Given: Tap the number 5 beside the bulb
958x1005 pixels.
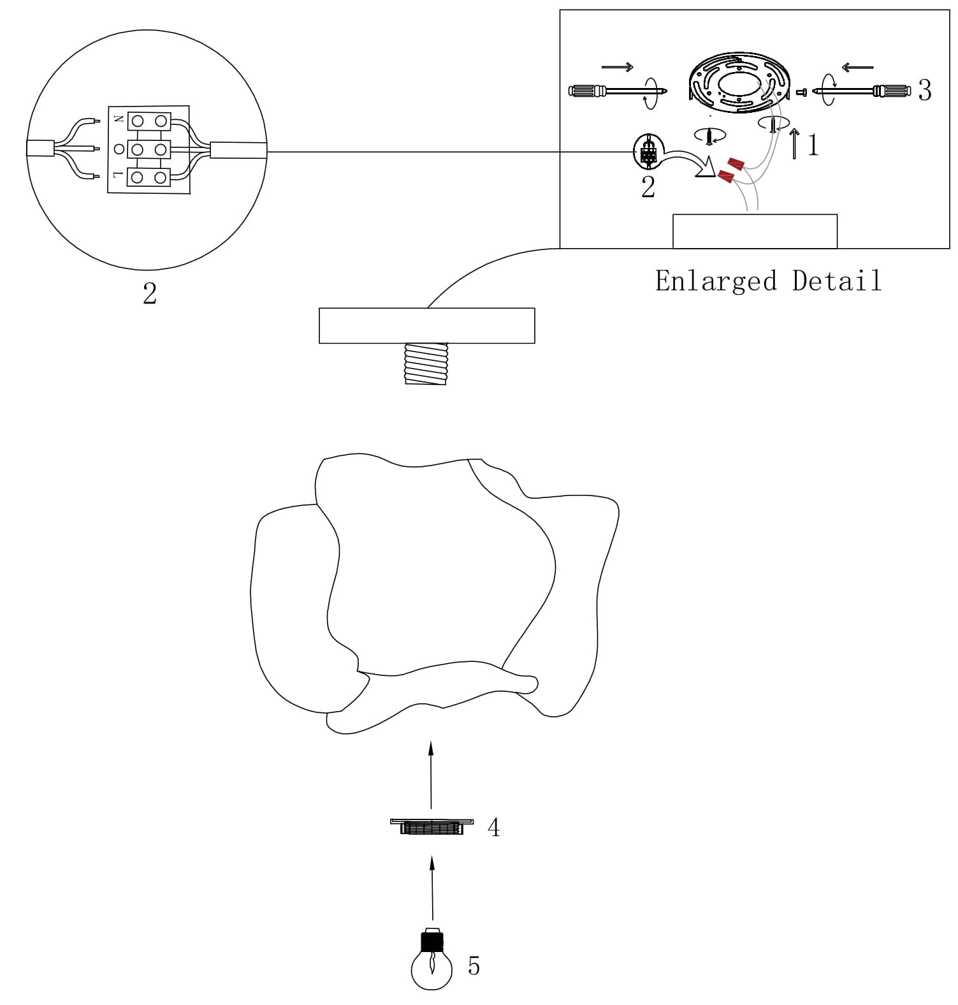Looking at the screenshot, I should tap(474, 966).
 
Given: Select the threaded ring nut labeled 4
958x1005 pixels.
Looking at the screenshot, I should tap(432, 827).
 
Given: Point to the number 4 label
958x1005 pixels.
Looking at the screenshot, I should tap(493, 828).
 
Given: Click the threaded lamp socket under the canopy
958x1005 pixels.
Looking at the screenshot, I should tap(426, 363).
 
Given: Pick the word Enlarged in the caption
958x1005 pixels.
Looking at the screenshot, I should tap(716, 281).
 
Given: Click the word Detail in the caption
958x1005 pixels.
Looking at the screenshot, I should tap(837, 281).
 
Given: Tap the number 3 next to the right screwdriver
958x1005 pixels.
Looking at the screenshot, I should tap(924, 91).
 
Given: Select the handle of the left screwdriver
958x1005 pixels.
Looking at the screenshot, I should tap(587, 91).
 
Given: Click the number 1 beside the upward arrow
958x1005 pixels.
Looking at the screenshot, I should tap(813, 145).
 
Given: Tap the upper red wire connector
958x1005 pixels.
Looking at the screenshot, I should tap(737, 164).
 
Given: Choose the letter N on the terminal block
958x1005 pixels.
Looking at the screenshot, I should tap(119, 119).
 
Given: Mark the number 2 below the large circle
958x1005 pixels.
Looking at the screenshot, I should tap(150, 294).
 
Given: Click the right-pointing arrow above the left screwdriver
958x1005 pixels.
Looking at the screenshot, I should tap(617, 66).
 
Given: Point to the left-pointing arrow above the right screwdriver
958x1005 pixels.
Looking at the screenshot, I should tap(857, 66).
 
